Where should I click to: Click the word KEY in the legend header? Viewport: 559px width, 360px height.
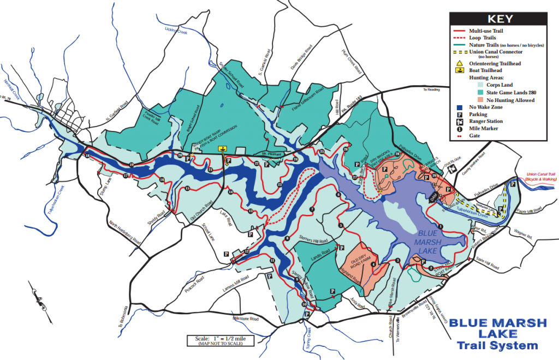pos(501,19)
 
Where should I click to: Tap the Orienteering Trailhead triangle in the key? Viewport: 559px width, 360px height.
pos(460,63)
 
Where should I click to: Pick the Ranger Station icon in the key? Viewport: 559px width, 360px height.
pos(460,121)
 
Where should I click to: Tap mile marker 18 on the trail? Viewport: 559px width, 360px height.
pos(87,157)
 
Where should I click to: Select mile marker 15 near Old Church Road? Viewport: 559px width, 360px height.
pos(187,189)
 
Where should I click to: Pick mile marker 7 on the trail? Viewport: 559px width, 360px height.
pos(312,209)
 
